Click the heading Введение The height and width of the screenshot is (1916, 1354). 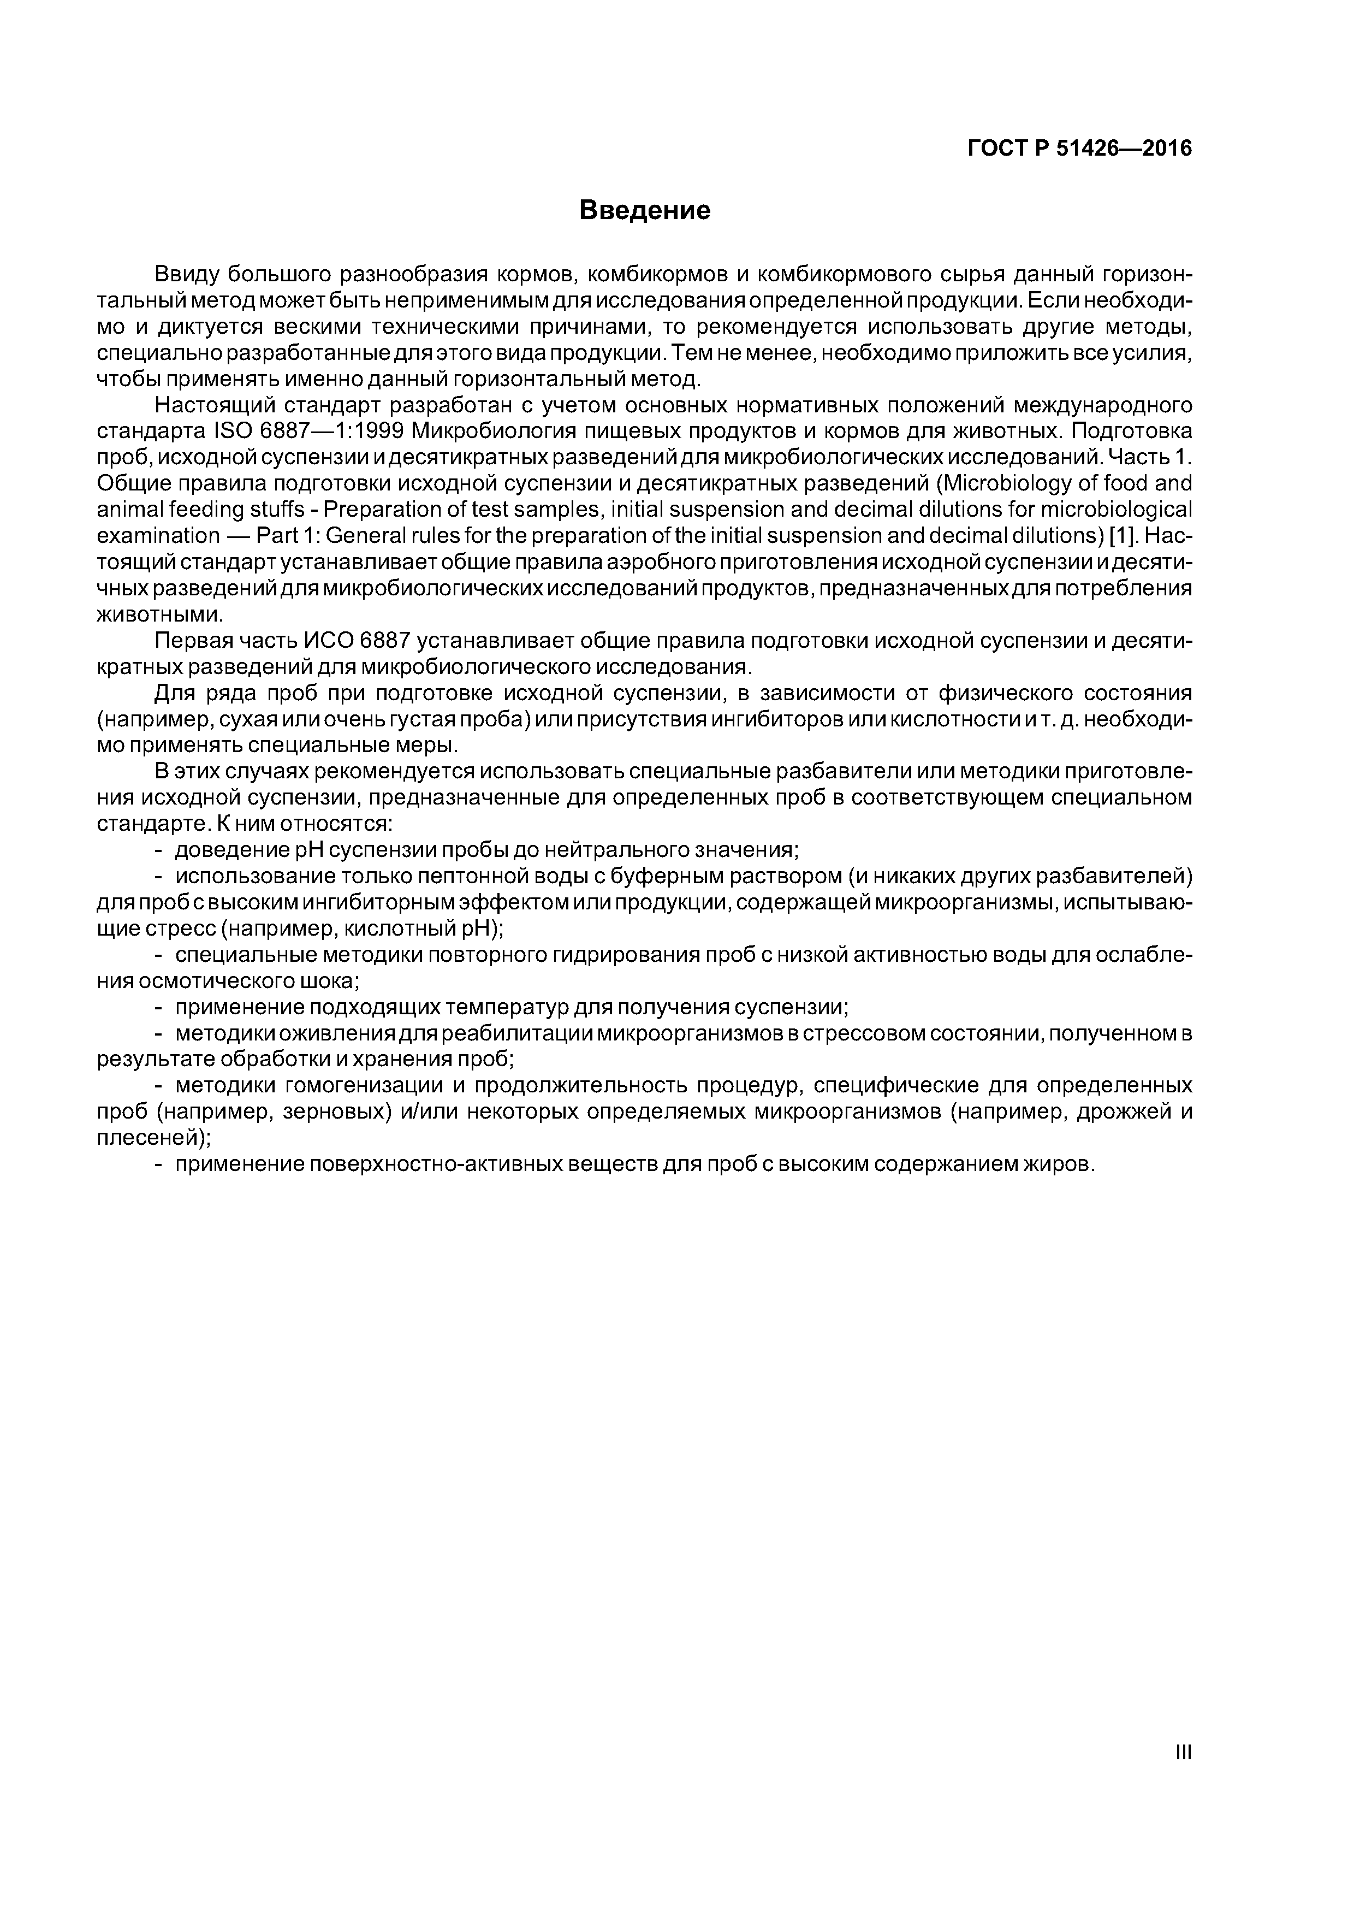(645, 210)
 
